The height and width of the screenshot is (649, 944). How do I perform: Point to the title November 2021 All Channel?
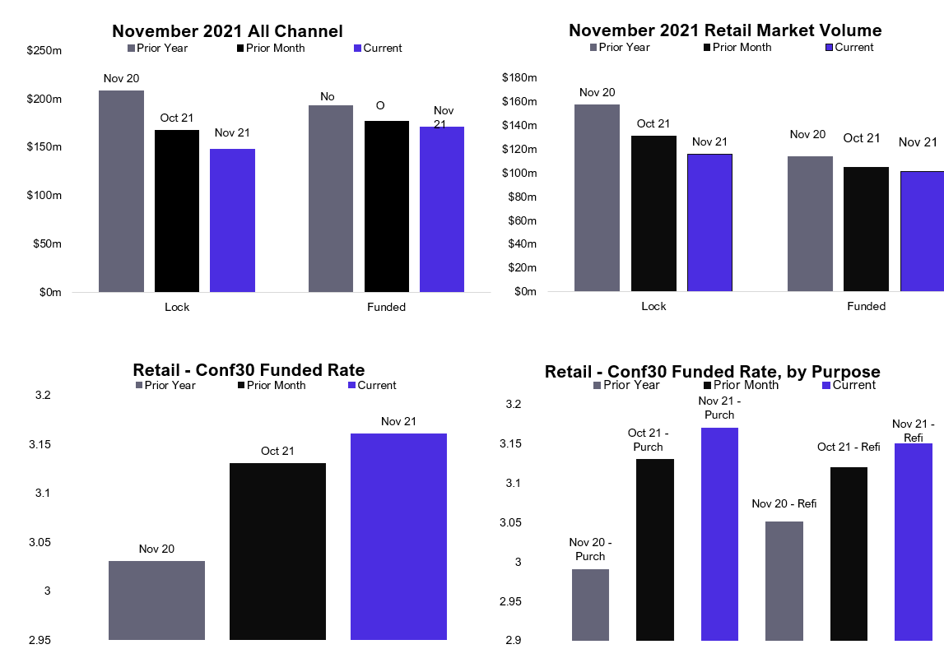(227, 31)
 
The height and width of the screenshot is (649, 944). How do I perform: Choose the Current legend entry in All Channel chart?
(377, 48)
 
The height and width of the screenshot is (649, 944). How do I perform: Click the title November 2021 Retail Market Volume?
(725, 30)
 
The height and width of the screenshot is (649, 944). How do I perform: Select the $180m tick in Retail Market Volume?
(519, 78)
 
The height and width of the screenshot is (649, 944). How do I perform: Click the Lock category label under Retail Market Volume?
(653, 306)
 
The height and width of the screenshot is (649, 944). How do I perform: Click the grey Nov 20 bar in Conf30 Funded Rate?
(156, 600)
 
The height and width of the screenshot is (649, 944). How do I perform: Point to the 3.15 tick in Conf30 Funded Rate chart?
(35, 444)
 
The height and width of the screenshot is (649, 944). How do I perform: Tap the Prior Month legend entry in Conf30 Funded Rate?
(271, 385)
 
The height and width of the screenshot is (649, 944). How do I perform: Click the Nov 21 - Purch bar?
(719, 534)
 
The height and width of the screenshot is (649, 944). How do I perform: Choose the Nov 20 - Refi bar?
(784, 581)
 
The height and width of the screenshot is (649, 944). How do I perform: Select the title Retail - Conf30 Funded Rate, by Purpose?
(713, 372)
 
